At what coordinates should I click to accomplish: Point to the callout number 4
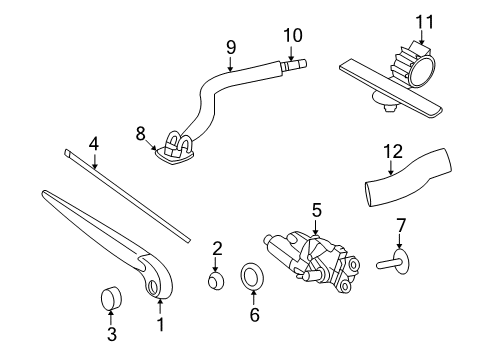point(92,143)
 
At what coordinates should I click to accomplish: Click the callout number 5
point(316,210)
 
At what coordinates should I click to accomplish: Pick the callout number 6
point(253,314)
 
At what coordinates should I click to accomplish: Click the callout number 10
point(291,35)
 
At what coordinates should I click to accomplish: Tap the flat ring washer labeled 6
point(253,277)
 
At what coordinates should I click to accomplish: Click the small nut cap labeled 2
point(216,279)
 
